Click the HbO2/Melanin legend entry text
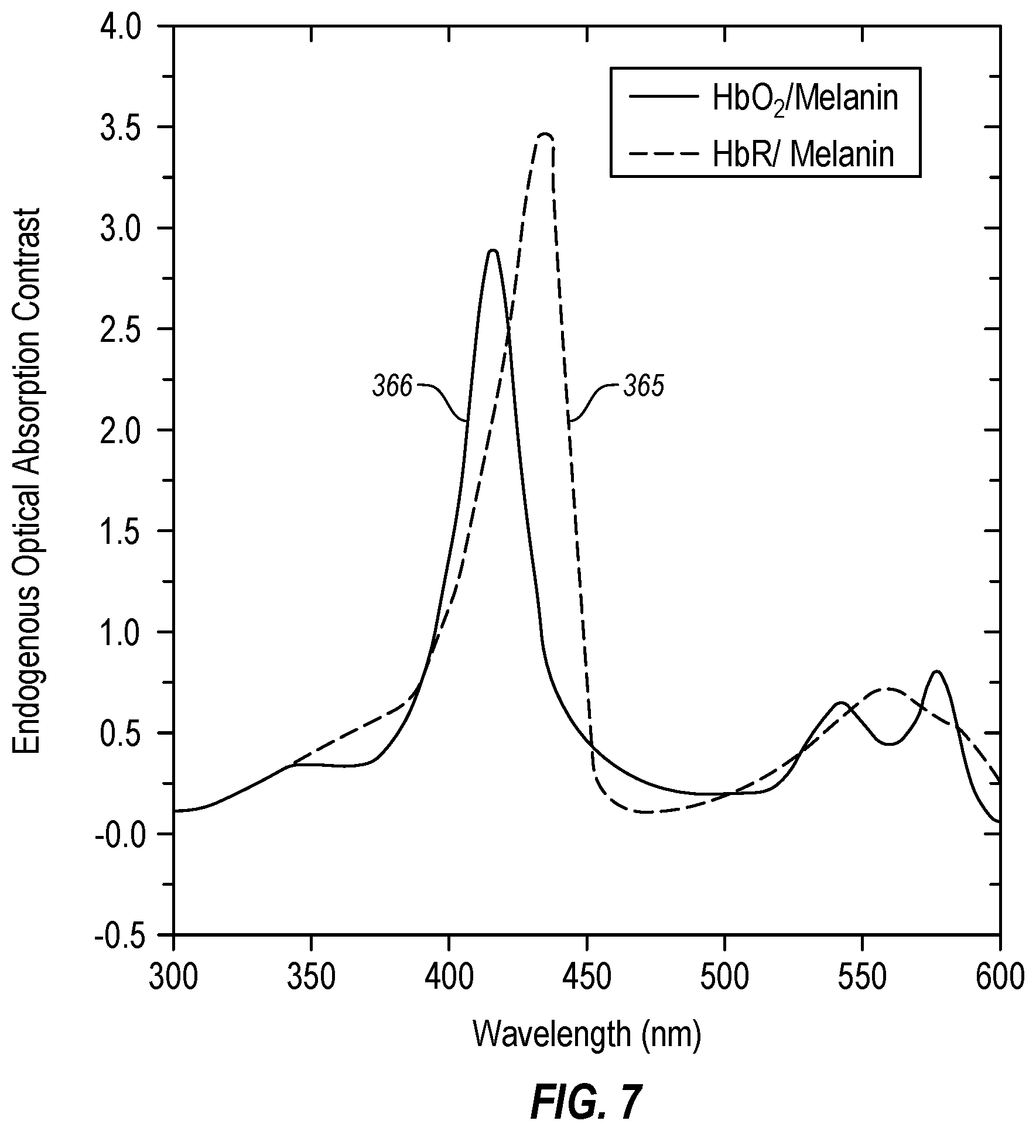pyautogui.click(x=806, y=100)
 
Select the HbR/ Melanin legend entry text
pyautogui.click(x=804, y=155)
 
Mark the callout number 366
pyautogui.click(x=393, y=388)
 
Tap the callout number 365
pyautogui.click(x=644, y=388)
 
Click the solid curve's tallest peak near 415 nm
pyautogui.click(x=493, y=251)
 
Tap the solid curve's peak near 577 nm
pyautogui.click(x=936, y=671)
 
